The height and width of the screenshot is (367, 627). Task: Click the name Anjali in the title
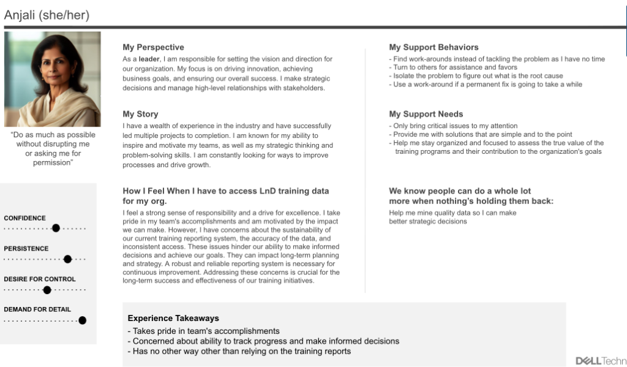coord(20,16)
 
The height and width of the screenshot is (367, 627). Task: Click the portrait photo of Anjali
coord(53,79)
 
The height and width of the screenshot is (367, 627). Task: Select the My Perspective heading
coord(153,47)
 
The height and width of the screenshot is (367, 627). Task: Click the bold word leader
coord(149,59)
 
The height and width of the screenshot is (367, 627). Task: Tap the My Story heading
coord(140,114)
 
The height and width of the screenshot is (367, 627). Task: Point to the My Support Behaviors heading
coord(434,47)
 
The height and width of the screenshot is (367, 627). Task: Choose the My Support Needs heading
coord(426,114)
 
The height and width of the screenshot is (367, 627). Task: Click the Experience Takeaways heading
coord(173,318)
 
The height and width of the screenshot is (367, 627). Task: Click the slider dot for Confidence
coord(56,229)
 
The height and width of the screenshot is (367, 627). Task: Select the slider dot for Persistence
coord(67,259)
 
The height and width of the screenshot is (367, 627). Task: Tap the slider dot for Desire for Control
coord(47,290)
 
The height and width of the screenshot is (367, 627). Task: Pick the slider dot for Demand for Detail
coord(82,320)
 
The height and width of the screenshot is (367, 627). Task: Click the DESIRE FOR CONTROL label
coord(40,279)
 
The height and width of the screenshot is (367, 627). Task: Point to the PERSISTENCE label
coord(26,249)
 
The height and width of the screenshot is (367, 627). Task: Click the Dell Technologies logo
coord(601,360)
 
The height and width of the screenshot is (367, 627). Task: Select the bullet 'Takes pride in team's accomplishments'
coord(203,331)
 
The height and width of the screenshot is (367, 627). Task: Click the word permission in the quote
coord(53,163)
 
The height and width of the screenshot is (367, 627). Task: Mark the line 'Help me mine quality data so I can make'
coord(452,213)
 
